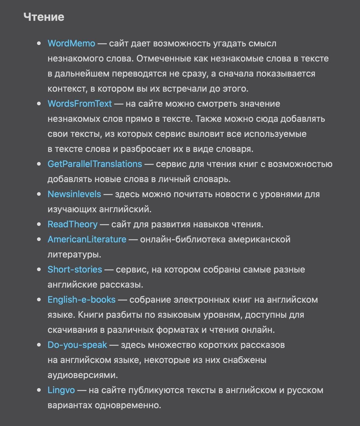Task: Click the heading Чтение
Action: pos(44,17)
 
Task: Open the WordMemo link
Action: pos(71,43)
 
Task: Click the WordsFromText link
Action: pos(80,104)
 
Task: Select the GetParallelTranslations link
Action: pos(95,164)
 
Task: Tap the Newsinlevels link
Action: pos(74,194)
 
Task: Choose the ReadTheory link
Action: pos(72,224)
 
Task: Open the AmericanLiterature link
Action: pos(87,239)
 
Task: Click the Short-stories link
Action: pos(75,270)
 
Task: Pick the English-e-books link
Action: pos(81,300)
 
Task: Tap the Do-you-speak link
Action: pos(77,345)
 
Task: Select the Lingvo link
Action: pos(61,390)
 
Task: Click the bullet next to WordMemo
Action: pos(39,43)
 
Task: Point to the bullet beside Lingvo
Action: pos(39,390)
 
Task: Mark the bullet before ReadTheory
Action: pos(39,224)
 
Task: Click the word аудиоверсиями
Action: pos(82,375)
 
